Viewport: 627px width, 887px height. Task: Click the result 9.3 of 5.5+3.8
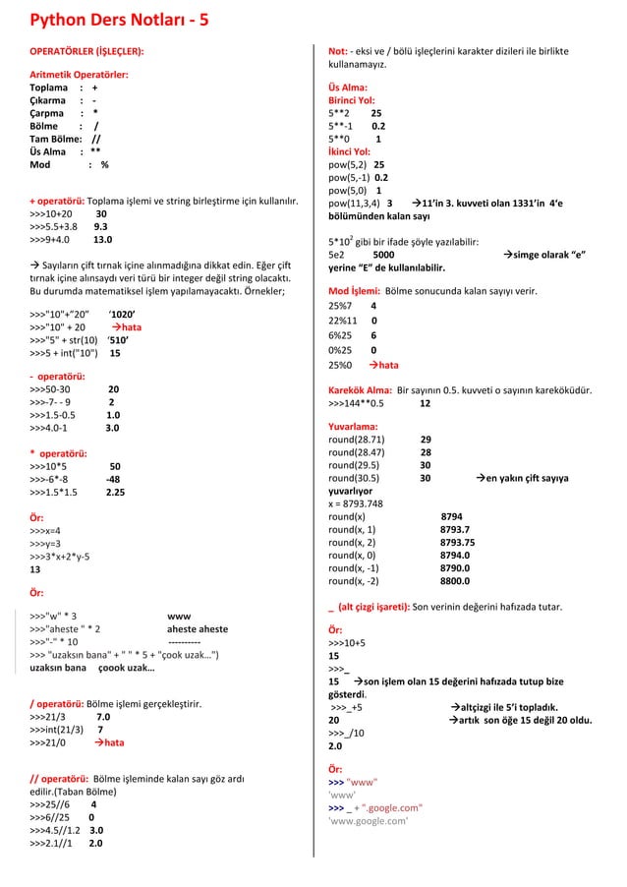[x=100, y=223]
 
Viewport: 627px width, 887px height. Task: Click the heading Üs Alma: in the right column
[x=348, y=88]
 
